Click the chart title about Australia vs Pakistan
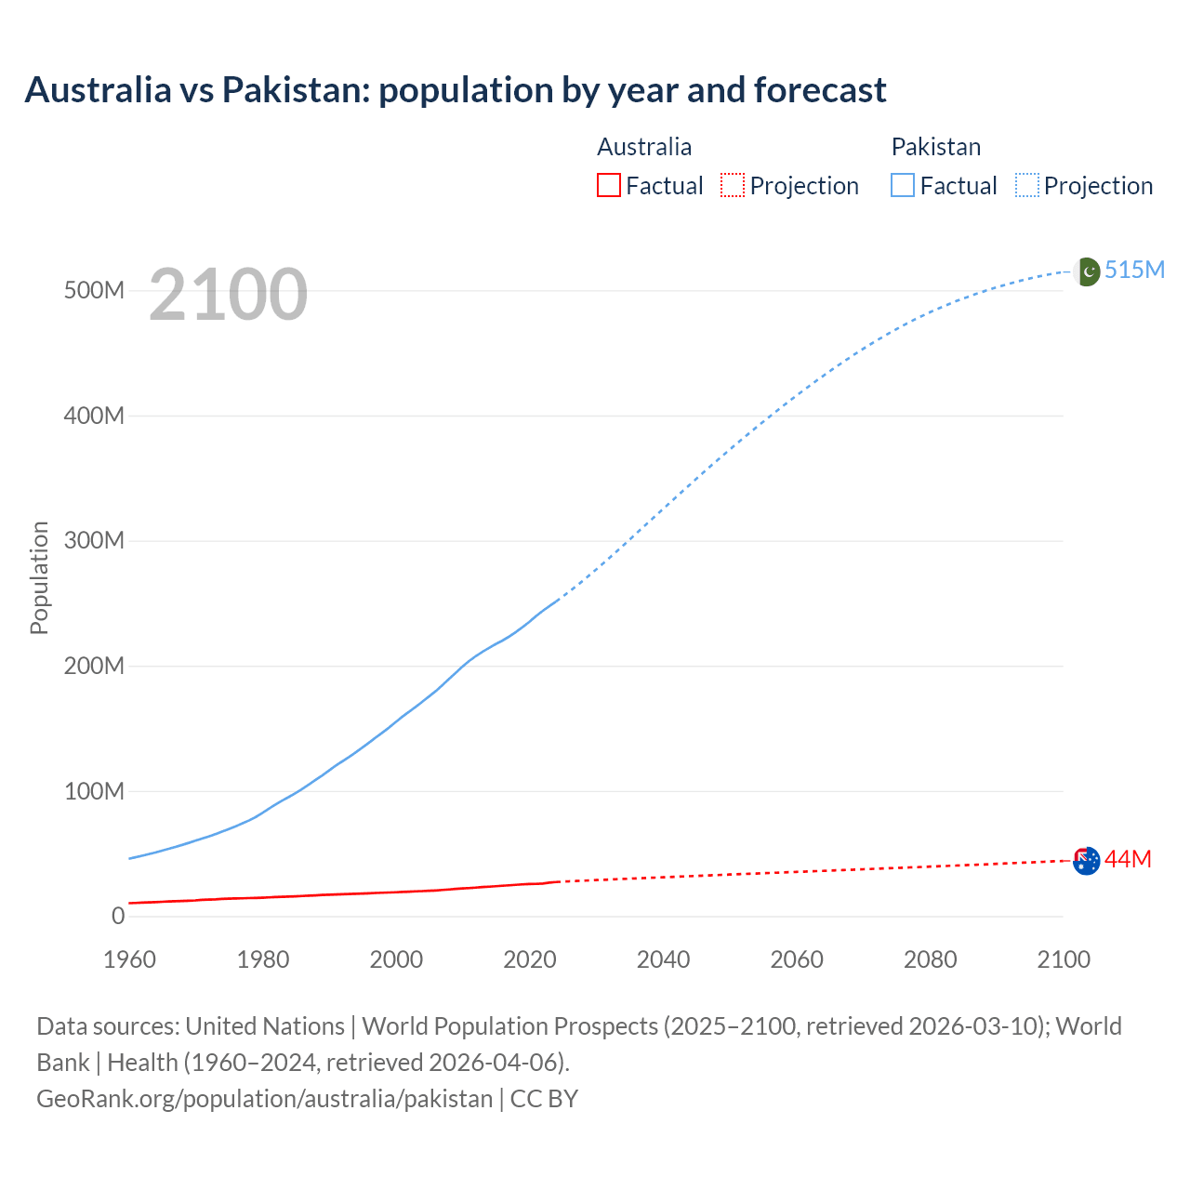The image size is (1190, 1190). [456, 90]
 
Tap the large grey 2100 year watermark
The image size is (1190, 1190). [228, 294]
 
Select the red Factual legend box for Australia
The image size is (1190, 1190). [608, 185]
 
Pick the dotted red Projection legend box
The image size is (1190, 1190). [733, 185]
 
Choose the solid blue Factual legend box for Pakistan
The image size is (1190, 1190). [903, 185]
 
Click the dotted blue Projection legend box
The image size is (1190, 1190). [1027, 185]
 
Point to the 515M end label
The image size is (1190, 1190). [1134, 270]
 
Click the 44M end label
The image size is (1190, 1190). [1128, 859]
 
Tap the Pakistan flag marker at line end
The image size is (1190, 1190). [1087, 271]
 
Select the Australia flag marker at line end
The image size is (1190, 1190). [1087, 861]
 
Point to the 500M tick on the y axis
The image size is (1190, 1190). [94, 290]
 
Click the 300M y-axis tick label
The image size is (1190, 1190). [94, 540]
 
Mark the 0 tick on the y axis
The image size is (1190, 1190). [118, 916]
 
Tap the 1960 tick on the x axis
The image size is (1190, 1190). [130, 959]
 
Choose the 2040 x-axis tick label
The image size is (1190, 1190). [663, 959]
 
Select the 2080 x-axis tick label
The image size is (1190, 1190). [930, 959]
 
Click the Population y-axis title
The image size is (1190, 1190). [39, 577]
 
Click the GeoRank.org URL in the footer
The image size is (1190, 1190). [264, 1098]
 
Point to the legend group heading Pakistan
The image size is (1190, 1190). [936, 147]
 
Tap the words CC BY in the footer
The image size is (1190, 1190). [544, 1098]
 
